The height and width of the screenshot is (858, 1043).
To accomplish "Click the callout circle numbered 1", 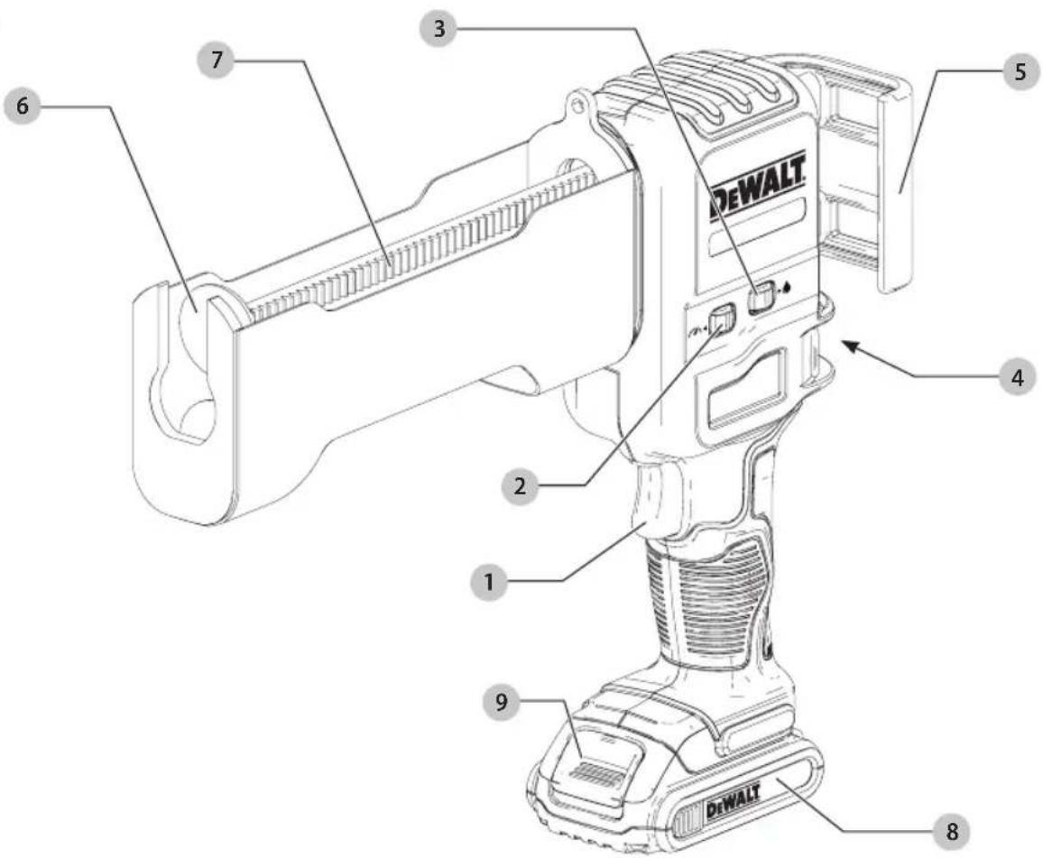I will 489,582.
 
